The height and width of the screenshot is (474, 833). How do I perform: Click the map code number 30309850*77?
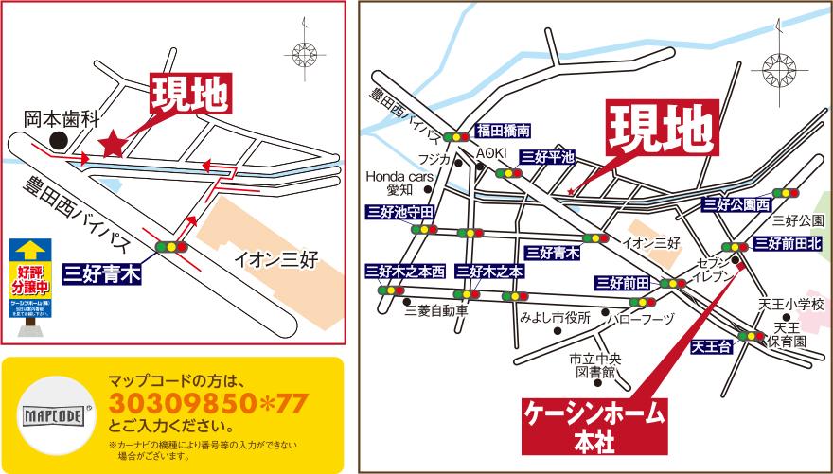coord(208,406)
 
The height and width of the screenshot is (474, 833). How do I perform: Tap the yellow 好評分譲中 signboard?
coord(29,279)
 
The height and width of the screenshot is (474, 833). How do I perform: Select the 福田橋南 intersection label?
coord(504,131)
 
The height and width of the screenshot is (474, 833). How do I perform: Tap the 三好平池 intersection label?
coord(548,158)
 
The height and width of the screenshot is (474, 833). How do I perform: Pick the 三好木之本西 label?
coord(405,272)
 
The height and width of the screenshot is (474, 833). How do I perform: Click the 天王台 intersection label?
coord(712,346)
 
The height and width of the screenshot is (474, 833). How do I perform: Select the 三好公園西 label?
coord(737,203)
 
